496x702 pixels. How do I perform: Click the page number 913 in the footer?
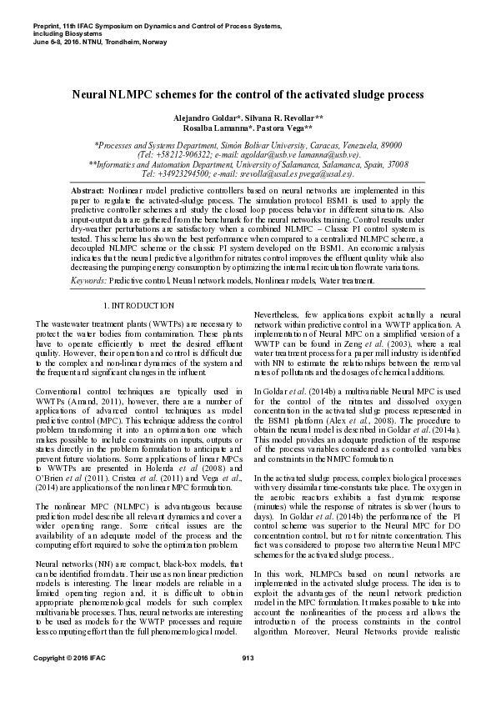click(x=247, y=684)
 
